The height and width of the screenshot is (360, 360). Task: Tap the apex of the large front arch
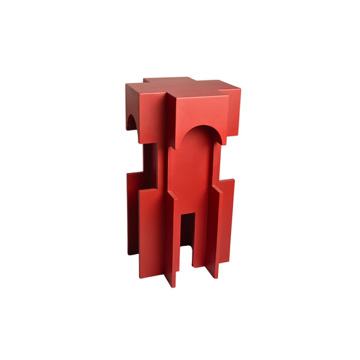pyautogui.click(x=199, y=126)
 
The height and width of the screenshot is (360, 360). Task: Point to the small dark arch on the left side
pyautogui.click(x=132, y=122)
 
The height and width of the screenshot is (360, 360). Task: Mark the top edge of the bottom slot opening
pyautogui.click(x=188, y=213)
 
